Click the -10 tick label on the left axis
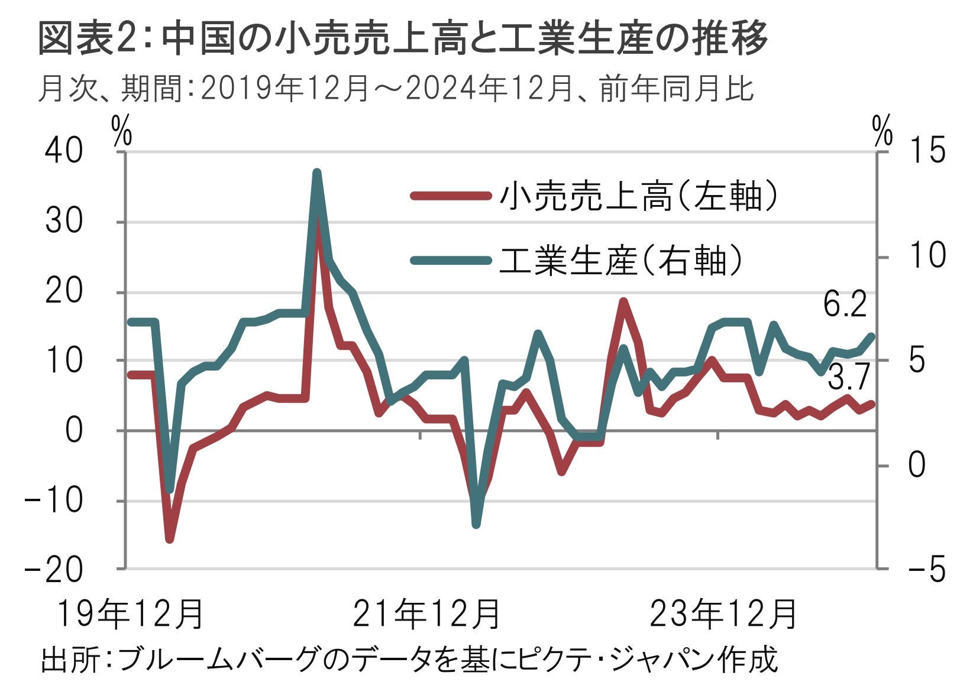(53, 501)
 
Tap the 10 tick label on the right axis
(927, 256)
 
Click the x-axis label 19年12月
(130, 614)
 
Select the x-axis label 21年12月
(426, 614)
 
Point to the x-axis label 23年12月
(723, 614)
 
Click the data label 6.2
(845, 306)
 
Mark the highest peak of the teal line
(317, 173)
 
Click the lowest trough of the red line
(170, 539)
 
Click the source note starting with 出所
(408, 660)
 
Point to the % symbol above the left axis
(122, 133)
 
